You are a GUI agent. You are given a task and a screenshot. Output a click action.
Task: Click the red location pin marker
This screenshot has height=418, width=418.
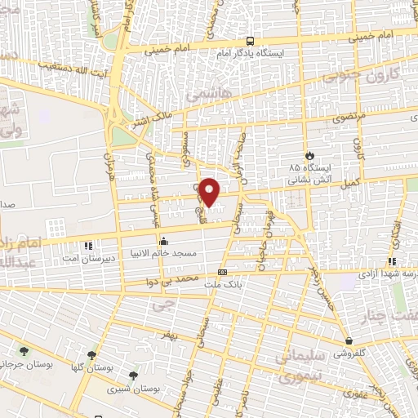(210, 192)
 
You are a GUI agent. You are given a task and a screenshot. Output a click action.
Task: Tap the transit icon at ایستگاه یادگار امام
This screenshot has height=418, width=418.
(250, 42)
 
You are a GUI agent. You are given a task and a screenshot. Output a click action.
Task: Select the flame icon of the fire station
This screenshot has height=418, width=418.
(309, 155)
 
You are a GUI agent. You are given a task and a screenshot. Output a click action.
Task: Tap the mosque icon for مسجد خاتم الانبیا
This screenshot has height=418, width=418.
(164, 241)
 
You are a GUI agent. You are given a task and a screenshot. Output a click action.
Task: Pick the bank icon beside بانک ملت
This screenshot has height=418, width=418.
(222, 273)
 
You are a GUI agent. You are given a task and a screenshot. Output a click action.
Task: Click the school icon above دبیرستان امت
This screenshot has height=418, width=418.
(88, 243)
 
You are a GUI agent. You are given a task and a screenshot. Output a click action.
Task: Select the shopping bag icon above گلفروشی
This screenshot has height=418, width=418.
(349, 340)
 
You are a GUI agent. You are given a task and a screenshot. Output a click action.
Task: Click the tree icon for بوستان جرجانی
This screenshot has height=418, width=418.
(23, 351)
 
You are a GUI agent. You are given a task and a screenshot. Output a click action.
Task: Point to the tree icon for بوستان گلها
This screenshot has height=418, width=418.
(91, 355)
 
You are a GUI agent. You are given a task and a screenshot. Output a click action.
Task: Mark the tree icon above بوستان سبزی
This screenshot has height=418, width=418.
(133, 376)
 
